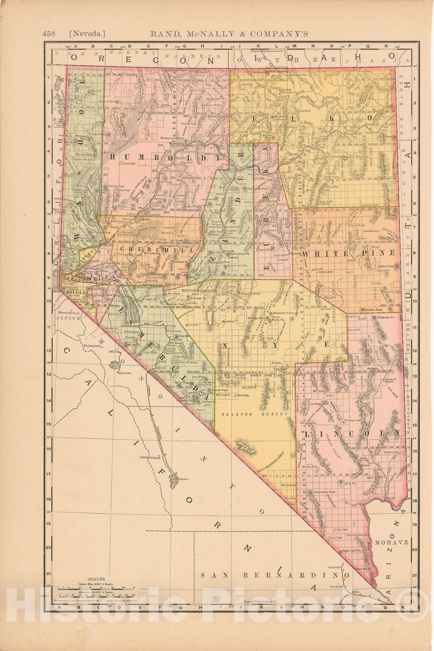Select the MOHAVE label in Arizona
(391, 542)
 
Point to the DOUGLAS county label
(77, 292)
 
